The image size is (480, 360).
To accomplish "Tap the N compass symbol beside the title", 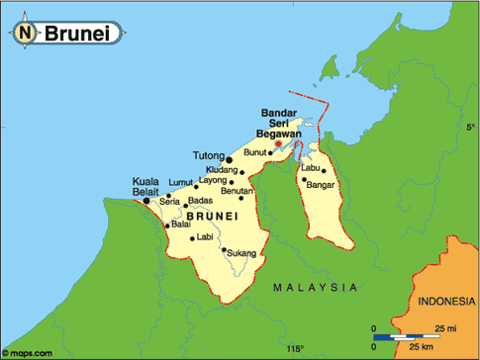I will pyautogui.click(x=26, y=33).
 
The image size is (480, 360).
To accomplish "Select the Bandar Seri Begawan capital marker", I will pyautogui.click(x=278, y=143).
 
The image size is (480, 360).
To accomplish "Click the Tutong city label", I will pyautogui.click(x=209, y=156).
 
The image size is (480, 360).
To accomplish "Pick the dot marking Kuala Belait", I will pyautogui.click(x=147, y=201).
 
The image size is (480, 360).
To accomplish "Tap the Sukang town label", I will pyautogui.click(x=242, y=253).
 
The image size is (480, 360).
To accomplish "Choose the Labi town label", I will pyautogui.click(x=206, y=237).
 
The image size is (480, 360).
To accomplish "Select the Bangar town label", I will pyautogui.click(x=324, y=185).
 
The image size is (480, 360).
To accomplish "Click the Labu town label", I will pyautogui.click(x=311, y=167).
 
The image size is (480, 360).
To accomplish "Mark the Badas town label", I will pyautogui.click(x=201, y=201).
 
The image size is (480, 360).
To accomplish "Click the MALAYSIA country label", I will pyautogui.click(x=315, y=287).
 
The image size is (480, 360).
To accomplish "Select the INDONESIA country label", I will pyautogui.click(x=446, y=301).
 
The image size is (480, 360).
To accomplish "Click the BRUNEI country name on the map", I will pyautogui.click(x=212, y=216).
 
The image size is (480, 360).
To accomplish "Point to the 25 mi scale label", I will pyautogui.click(x=445, y=328).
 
